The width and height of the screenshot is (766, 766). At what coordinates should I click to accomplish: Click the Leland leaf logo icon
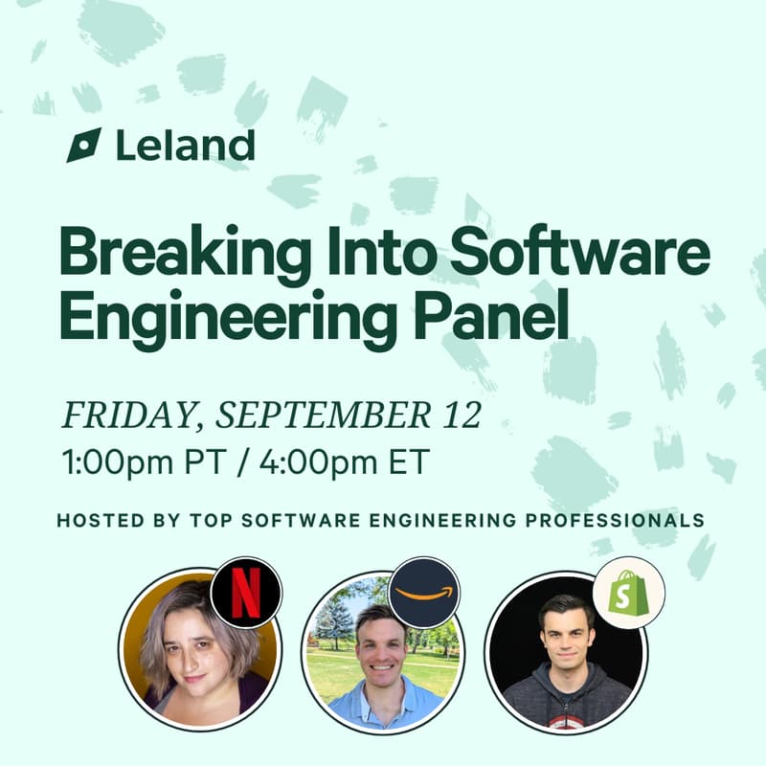[x=83, y=145]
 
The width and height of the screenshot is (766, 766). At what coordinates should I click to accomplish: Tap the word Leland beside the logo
[x=185, y=146]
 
